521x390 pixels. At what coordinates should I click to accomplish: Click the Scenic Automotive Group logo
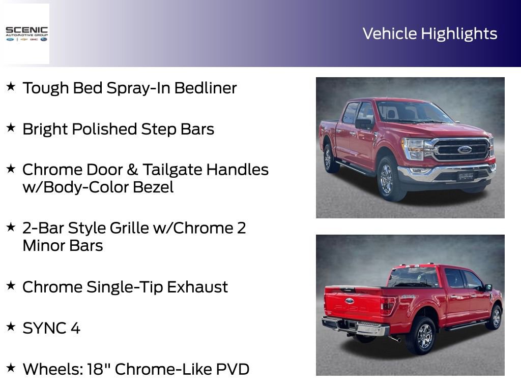pyautogui.click(x=26, y=34)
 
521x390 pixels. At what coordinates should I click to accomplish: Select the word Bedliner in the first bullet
pyautogui.click(x=206, y=88)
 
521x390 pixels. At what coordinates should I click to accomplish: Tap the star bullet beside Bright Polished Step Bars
pyautogui.click(x=11, y=128)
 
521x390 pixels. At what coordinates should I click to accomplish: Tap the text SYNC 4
pyautogui.click(x=51, y=328)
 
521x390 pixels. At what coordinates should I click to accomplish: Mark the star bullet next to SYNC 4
pyautogui.click(x=11, y=327)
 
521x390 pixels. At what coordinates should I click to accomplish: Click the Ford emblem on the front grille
pyautogui.click(x=464, y=150)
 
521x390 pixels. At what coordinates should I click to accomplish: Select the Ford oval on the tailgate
pyautogui.click(x=350, y=301)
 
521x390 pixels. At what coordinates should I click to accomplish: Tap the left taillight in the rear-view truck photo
pyautogui.click(x=388, y=305)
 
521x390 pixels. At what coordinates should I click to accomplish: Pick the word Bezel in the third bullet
pyautogui.click(x=153, y=187)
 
